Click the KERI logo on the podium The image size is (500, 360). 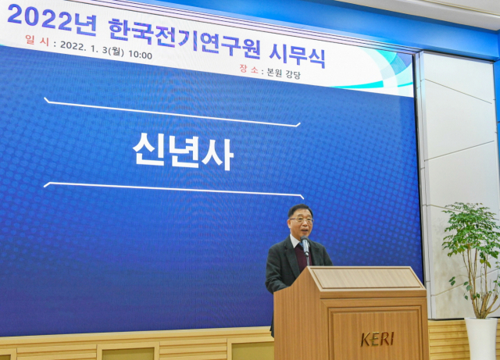[377, 339]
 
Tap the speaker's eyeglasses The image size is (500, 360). [302, 221]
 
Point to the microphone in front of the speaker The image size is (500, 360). [305, 245]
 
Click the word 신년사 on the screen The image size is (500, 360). [183, 151]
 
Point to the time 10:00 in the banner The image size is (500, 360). [141, 55]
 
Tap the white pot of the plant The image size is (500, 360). [480, 337]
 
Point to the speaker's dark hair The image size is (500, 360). [299, 209]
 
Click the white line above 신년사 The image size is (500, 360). [172, 112]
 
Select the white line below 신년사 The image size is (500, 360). [173, 188]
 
